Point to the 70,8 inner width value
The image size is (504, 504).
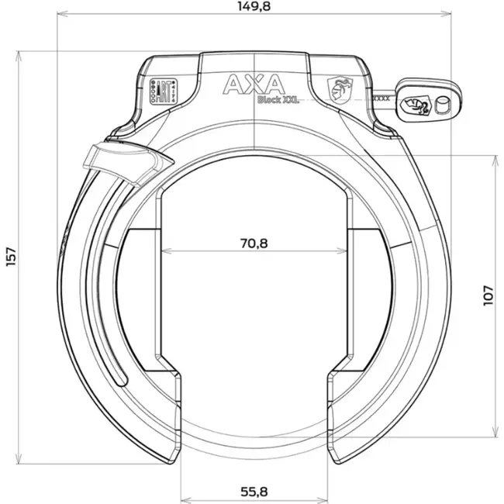click(x=254, y=243)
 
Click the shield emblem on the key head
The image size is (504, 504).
click(x=416, y=103)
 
